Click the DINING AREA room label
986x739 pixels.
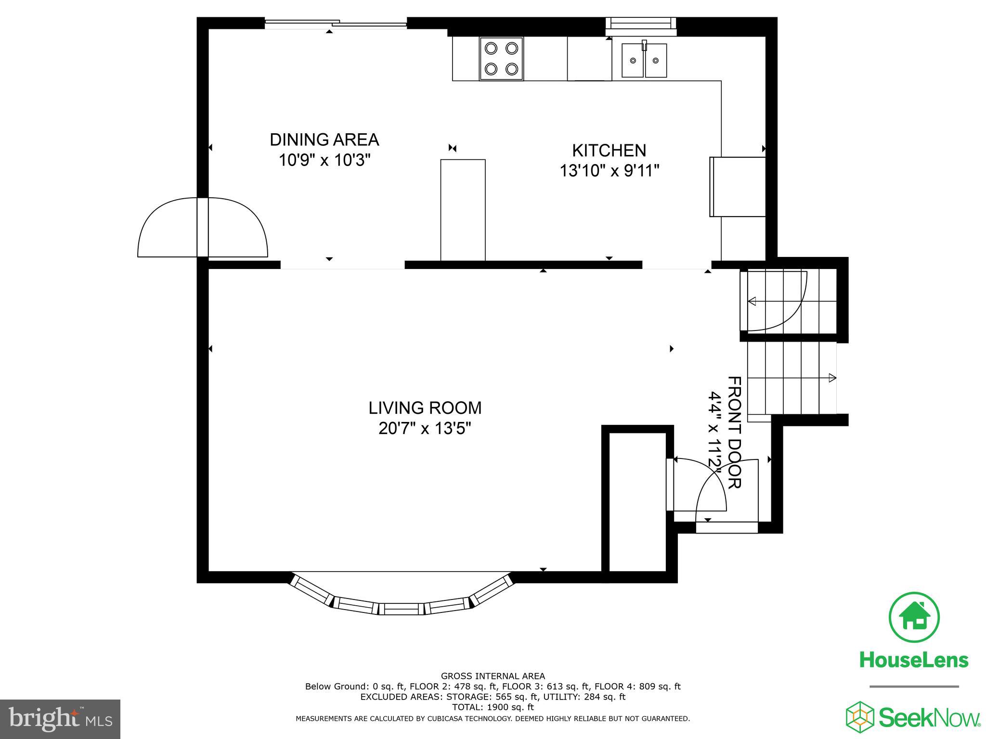[x=324, y=140]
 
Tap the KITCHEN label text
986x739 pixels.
[x=609, y=151]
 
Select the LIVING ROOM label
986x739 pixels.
[x=425, y=408]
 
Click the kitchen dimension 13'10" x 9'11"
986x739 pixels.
[x=609, y=171]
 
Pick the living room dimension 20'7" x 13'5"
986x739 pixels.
[x=425, y=428]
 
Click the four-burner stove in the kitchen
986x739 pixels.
[x=501, y=59]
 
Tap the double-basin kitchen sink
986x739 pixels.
[x=644, y=60]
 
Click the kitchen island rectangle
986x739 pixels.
[x=463, y=210]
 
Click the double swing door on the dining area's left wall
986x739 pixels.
[x=203, y=227]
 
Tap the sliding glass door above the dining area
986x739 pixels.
[x=336, y=23]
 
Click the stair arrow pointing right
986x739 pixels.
[x=831, y=378]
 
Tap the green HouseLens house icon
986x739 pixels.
[x=914, y=617]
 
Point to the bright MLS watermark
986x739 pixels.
[x=60, y=719]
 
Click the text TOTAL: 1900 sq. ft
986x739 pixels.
[x=493, y=707]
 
